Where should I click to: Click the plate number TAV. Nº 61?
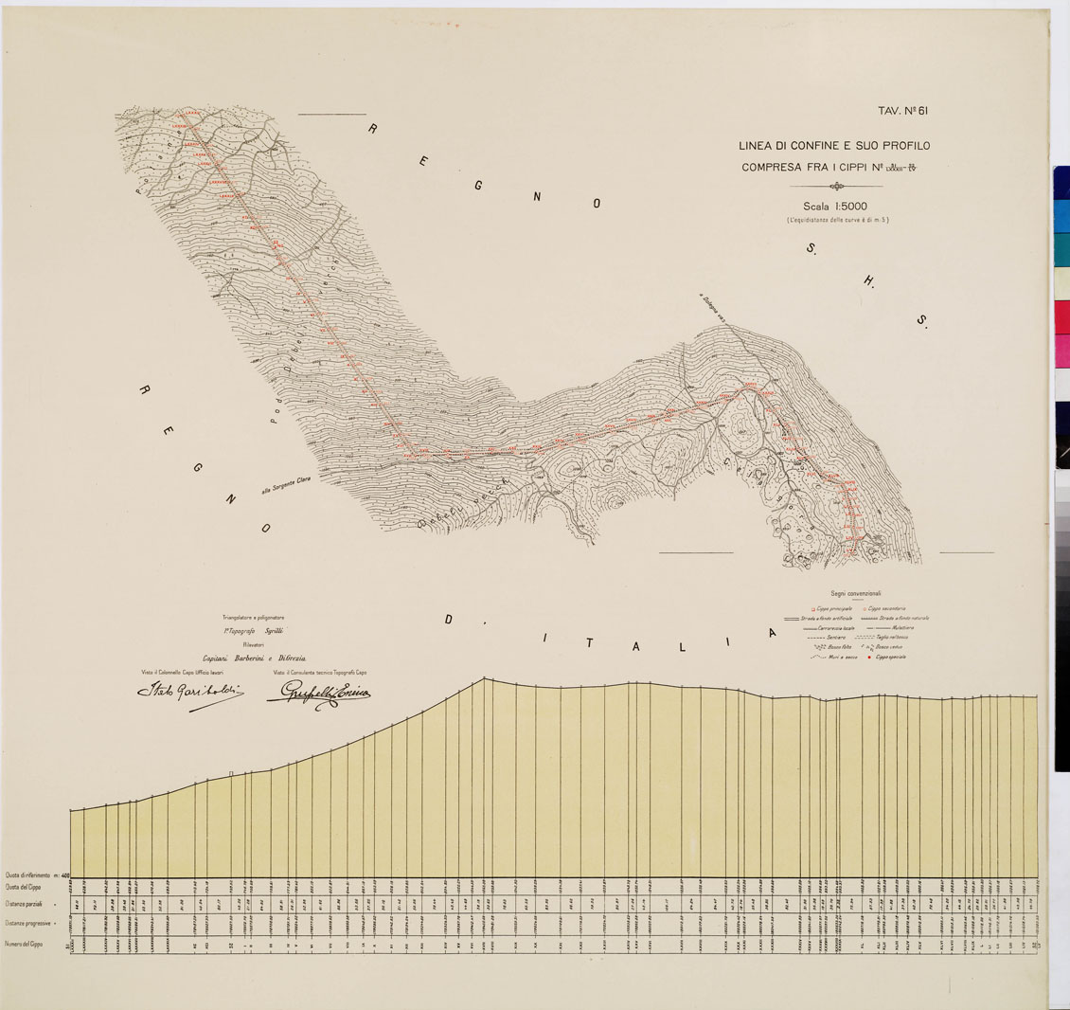click(902, 111)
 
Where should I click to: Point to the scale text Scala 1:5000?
click(834, 206)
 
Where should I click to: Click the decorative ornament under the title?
click(834, 186)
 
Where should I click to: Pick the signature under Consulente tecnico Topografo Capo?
click(318, 694)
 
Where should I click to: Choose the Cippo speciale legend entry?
click(888, 657)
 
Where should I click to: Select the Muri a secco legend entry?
click(834, 657)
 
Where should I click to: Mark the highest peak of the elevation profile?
click(484, 678)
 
